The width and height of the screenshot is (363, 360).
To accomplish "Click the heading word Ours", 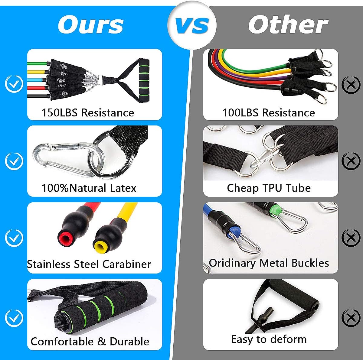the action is pyautogui.click(x=91, y=25).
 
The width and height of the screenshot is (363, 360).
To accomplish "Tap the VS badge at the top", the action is pyautogui.click(x=192, y=25).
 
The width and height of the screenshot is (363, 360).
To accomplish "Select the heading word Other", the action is pyautogui.click(x=288, y=25).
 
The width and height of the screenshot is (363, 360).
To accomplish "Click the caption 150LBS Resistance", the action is pyautogui.click(x=88, y=113).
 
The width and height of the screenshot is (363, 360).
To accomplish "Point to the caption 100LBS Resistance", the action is pyautogui.click(x=269, y=113).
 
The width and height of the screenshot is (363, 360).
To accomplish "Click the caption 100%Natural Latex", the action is pyautogui.click(x=89, y=188).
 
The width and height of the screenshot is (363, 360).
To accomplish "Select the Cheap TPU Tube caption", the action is pyautogui.click(x=269, y=188).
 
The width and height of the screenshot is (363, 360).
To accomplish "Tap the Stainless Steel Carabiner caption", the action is pyautogui.click(x=89, y=264).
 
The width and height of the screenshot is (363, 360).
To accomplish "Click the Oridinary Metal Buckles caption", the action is pyautogui.click(x=269, y=263).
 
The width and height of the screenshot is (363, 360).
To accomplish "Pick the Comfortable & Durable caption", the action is pyautogui.click(x=90, y=341).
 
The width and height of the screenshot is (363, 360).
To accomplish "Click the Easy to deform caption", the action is pyautogui.click(x=269, y=339).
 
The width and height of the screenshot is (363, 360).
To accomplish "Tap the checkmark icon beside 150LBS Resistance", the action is pyautogui.click(x=14, y=84).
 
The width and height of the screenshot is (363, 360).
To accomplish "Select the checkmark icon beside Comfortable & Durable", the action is pyautogui.click(x=14, y=318).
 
